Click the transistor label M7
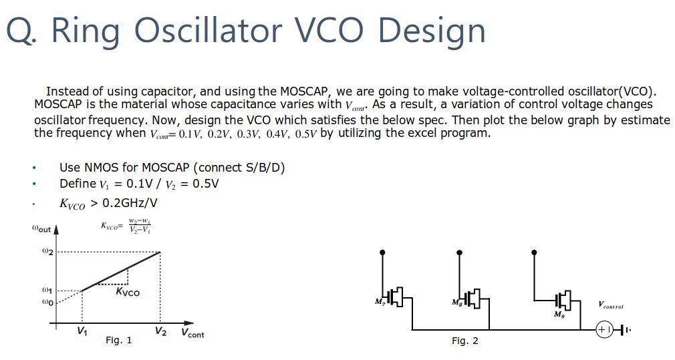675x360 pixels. pyautogui.click(x=381, y=302)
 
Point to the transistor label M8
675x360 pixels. pyautogui.click(x=458, y=302)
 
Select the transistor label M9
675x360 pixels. pyautogui.click(x=558, y=314)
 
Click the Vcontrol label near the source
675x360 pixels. pyautogui.click(x=611, y=306)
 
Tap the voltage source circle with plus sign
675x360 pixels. pyautogui.click(x=603, y=330)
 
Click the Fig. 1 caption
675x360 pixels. pyautogui.click(x=118, y=341)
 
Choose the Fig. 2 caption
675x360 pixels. pyautogui.click(x=464, y=341)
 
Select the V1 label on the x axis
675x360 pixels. pyautogui.click(x=82, y=331)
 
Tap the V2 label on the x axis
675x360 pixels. pyautogui.click(x=160, y=331)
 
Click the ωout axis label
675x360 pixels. pyautogui.click(x=41, y=228)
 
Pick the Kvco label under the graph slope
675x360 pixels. pyautogui.click(x=128, y=293)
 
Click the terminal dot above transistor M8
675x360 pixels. pyautogui.click(x=459, y=252)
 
